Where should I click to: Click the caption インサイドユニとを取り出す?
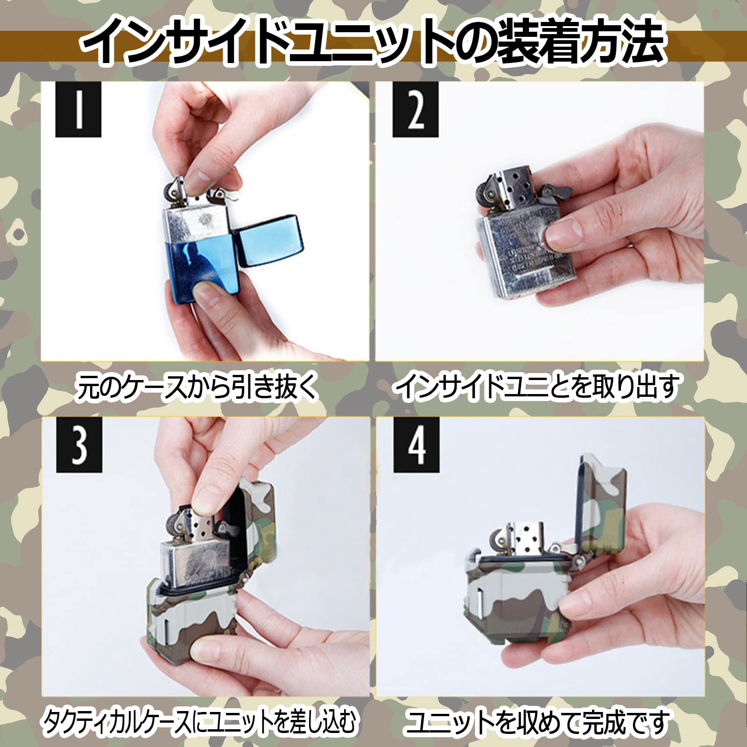(537, 388)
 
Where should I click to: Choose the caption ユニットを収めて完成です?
(537, 722)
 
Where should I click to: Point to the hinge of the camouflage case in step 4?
(581, 560)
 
